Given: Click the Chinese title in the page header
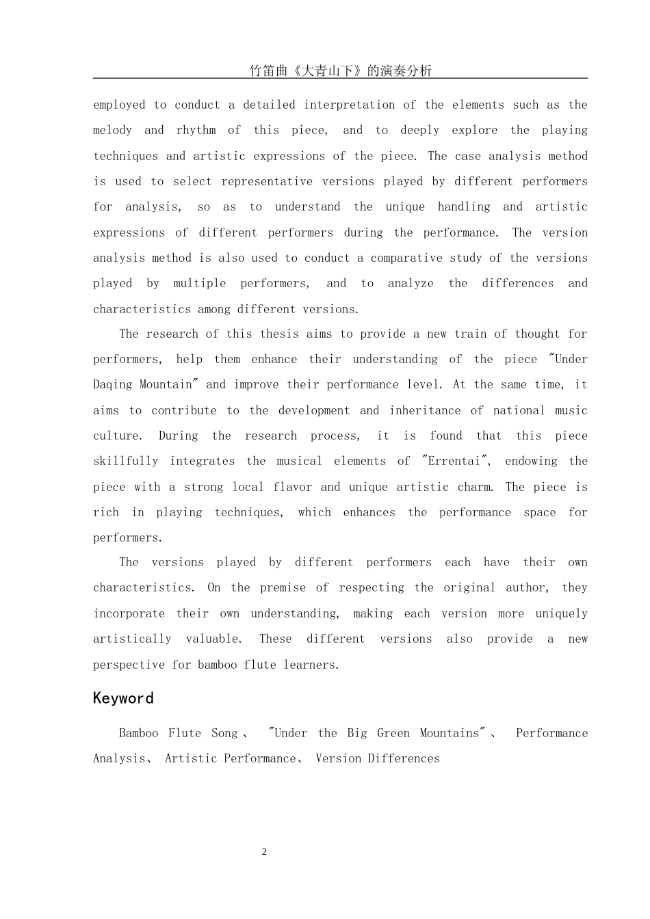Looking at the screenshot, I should pos(340,70).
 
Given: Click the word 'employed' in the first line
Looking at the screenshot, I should pos(119,105).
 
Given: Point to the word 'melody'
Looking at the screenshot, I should pos(112,131).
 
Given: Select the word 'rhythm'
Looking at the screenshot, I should pos(196,131).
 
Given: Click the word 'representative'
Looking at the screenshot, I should pos(267,182).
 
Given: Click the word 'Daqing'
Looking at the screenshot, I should pos(113,385).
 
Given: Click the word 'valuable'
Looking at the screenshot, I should pos(213,639).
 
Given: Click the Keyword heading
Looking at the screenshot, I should pos(123,698).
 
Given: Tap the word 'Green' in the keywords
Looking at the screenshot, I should pos(393,734).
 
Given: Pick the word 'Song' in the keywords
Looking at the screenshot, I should pos(224,734).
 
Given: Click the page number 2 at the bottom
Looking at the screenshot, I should pos(264,852).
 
